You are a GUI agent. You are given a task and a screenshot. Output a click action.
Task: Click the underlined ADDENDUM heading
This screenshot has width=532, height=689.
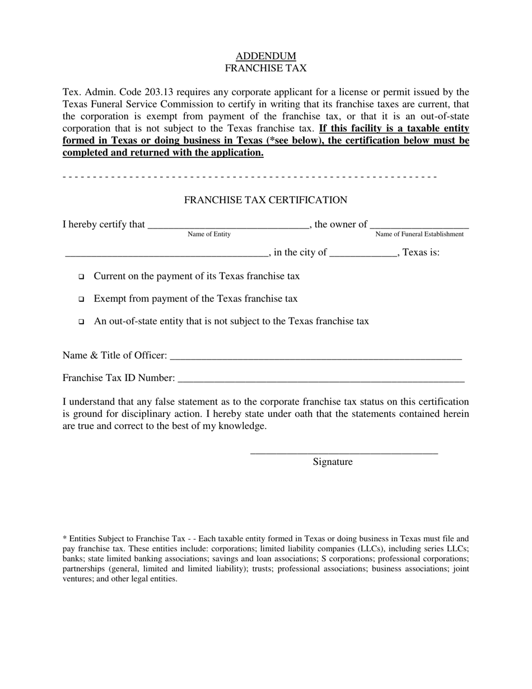pyautogui.click(x=265, y=56)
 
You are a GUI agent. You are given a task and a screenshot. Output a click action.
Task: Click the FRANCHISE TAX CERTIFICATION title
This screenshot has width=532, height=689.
pyautogui.click(x=265, y=200)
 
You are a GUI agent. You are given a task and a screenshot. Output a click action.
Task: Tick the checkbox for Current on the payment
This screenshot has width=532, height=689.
pyautogui.click(x=81, y=277)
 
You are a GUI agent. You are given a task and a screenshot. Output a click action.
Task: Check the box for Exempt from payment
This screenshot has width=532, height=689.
pyautogui.click(x=81, y=299)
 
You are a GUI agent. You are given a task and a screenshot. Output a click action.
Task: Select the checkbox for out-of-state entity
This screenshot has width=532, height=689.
pyautogui.click(x=81, y=322)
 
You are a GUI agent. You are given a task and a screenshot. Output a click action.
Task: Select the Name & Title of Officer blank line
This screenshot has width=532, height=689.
pyautogui.click(x=315, y=356)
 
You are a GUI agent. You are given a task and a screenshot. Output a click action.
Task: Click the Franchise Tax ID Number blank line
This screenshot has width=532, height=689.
pyautogui.click(x=320, y=379)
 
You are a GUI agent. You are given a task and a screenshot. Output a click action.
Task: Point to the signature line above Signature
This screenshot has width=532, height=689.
pyautogui.click(x=343, y=451)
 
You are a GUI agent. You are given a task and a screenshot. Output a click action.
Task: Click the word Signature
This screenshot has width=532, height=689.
pyautogui.click(x=333, y=462)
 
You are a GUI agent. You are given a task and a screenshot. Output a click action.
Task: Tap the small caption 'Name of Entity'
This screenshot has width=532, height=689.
pyautogui.click(x=209, y=234)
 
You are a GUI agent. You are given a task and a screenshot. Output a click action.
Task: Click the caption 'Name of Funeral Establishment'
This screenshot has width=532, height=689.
pyautogui.click(x=419, y=234)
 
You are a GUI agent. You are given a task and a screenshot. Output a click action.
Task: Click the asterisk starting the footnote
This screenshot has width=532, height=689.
pyautogui.click(x=64, y=538)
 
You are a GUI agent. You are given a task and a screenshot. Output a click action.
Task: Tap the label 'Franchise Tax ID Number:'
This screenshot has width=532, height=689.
pyautogui.click(x=119, y=378)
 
